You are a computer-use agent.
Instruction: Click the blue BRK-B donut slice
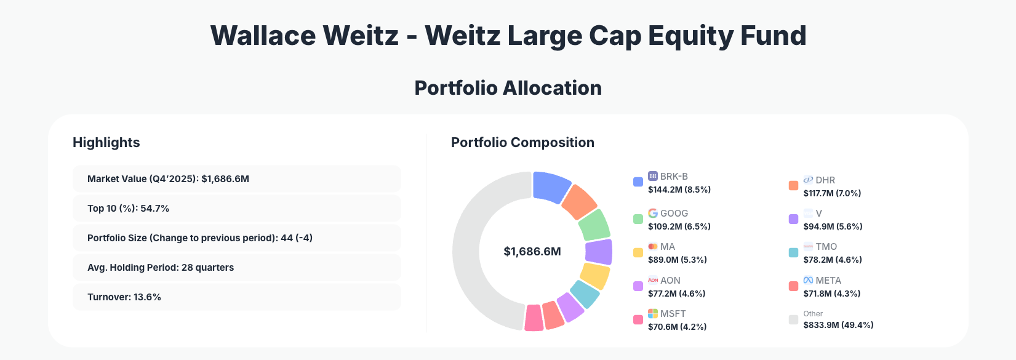[x=550, y=186]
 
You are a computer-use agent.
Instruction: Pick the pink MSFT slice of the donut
[x=534, y=318]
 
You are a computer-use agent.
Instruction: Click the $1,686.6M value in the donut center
[x=532, y=252]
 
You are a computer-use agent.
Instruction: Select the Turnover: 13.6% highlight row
[x=236, y=297]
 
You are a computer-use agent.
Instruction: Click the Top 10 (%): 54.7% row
[x=236, y=209]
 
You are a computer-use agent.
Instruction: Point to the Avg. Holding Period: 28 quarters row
[x=236, y=268]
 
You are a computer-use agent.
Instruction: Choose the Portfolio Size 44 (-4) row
[x=236, y=238]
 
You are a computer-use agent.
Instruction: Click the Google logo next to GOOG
[x=653, y=213]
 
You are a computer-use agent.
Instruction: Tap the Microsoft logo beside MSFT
[x=653, y=314]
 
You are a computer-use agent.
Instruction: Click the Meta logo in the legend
[x=808, y=280]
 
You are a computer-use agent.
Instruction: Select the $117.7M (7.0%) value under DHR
[x=832, y=193]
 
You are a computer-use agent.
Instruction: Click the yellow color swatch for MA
[x=638, y=252]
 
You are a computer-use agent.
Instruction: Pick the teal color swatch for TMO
[x=793, y=252]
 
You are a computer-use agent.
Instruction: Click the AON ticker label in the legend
[x=670, y=280]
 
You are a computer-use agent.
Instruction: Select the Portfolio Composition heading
[x=522, y=143]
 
